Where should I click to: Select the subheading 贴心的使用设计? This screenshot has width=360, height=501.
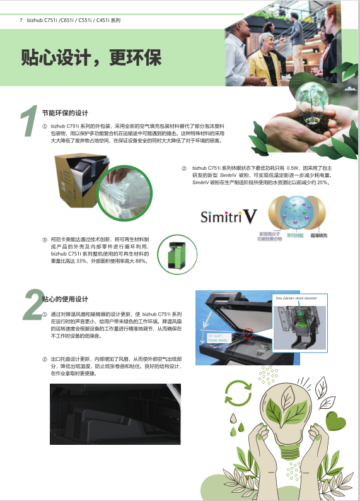pos(65,298)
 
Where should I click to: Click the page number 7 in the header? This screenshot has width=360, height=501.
pos(21,20)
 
